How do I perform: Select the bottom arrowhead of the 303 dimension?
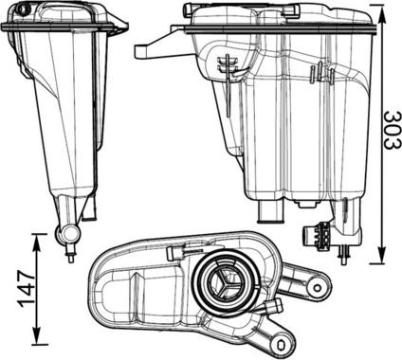click(381, 257)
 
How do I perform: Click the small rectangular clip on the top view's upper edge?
click(176, 253)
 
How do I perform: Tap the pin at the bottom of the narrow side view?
click(70, 253)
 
